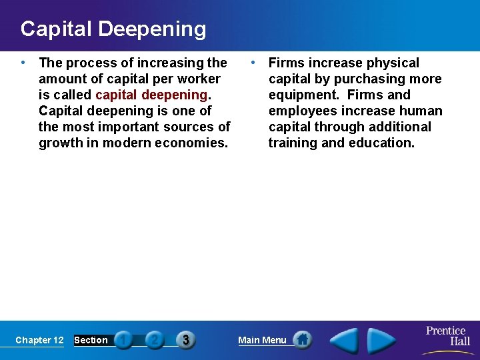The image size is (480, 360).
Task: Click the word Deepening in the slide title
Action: pos(153,29)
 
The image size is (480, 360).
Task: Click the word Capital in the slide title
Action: pos(57,29)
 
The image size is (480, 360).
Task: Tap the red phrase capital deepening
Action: pos(151,95)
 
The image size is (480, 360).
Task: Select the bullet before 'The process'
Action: pos(23,63)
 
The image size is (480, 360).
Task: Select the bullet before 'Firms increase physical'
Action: pos(253,63)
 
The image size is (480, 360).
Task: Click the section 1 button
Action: pos(123,340)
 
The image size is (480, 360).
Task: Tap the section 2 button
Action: pos(154,340)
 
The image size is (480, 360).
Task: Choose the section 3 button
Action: pos(185,340)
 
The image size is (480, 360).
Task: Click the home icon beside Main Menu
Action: pos(302,339)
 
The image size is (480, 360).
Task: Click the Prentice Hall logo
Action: pos(447,337)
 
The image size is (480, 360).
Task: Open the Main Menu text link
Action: pos(262,340)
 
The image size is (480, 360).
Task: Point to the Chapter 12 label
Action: pos(39,340)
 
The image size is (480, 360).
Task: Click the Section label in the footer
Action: pos(91,340)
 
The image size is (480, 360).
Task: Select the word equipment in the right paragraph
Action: pos(304,95)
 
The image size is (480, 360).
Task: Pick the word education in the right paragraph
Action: pos(382,143)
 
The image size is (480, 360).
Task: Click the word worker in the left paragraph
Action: pos(198,79)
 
